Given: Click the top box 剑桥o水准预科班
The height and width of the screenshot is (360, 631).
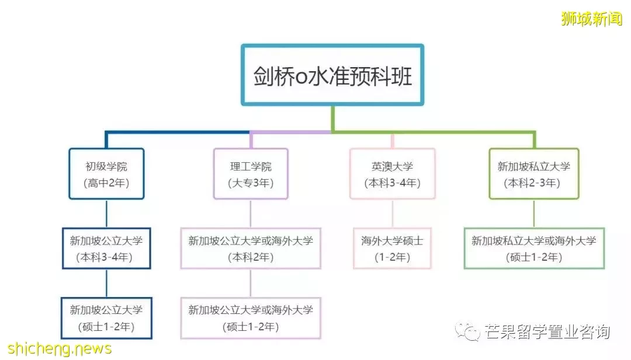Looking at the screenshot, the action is pyautogui.click(x=332, y=75).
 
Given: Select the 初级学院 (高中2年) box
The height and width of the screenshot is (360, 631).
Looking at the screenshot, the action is pyautogui.click(x=106, y=173).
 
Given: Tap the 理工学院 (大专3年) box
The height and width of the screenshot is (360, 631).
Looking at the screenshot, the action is pyautogui.click(x=251, y=173).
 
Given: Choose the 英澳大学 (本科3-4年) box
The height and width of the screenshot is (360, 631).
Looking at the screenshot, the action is pyautogui.click(x=393, y=173).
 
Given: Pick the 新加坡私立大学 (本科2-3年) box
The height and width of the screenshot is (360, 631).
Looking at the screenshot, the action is pyautogui.click(x=534, y=173).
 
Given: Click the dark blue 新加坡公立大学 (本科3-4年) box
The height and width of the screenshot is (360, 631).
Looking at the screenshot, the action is pyautogui.click(x=106, y=249).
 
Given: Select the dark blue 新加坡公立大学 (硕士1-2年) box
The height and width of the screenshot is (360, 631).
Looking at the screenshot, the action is pyautogui.click(x=106, y=318).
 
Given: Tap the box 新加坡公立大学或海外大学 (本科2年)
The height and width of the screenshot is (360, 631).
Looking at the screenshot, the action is pyautogui.click(x=251, y=249).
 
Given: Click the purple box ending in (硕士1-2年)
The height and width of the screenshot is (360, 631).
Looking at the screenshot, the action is pyautogui.click(x=251, y=318).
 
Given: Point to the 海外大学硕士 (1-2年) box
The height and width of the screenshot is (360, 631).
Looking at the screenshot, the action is pyautogui.click(x=393, y=249).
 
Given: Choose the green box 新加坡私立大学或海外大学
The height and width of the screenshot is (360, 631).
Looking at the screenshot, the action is pyautogui.click(x=534, y=249).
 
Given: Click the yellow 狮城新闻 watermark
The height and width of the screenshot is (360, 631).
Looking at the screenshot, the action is pyautogui.click(x=591, y=19).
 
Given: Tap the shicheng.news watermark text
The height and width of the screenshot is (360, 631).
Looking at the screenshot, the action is pyautogui.click(x=60, y=349).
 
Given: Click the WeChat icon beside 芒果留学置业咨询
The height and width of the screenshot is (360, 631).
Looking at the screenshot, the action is pyautogui.click(x=467, y=331).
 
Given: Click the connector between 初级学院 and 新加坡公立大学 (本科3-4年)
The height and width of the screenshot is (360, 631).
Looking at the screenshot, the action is pyautogui.click(x=106, y=214).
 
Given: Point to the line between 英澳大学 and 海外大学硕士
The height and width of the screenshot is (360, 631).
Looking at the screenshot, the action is pyautogui.click(x=393, y=214).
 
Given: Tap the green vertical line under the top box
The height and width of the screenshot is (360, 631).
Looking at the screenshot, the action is pyautogui.click(x=333, y=118).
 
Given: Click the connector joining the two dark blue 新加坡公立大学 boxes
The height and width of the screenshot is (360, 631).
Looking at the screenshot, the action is pyautogui.click(x=106, y=283).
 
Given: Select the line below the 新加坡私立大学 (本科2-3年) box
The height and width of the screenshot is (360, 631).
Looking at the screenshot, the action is pyautogui.click(x=534, y=214).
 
